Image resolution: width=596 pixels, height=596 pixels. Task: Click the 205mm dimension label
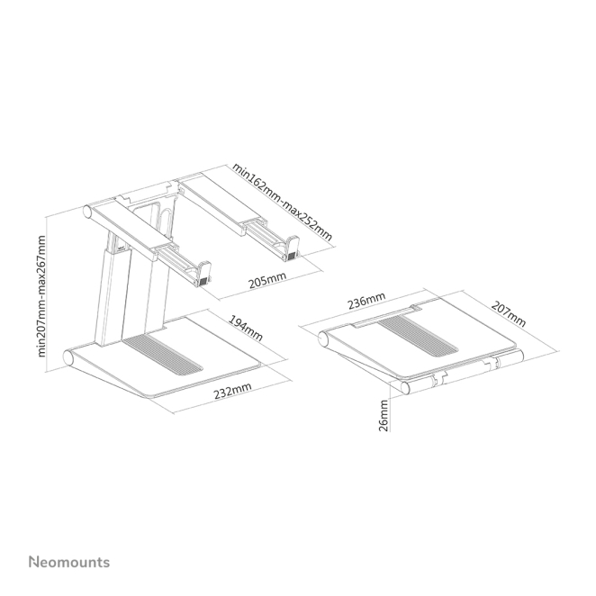point(267,280)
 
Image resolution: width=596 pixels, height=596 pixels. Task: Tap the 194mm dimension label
point(245,328)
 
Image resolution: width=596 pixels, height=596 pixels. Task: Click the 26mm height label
point(384,415)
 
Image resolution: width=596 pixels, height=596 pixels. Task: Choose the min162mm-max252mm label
point(283,202)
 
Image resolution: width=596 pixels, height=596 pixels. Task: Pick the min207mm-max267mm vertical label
point(41,296)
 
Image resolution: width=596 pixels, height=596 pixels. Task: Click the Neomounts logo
point(69,562)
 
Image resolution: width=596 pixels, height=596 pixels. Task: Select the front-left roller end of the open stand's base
point(68,358)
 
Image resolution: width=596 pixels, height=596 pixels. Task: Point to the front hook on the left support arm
point(203,273)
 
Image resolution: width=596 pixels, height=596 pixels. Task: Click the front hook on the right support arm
point(292,248)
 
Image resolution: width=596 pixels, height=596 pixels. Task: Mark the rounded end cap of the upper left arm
point(88,212)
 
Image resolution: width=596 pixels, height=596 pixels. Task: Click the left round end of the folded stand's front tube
point(406,388)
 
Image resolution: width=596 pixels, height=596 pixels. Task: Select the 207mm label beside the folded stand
point(508,314)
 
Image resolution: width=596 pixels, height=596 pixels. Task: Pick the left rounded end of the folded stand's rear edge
point(324,339)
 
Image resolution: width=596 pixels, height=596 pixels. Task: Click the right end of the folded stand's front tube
point(519,356)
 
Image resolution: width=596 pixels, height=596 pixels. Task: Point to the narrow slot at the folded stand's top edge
point(384,314)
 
